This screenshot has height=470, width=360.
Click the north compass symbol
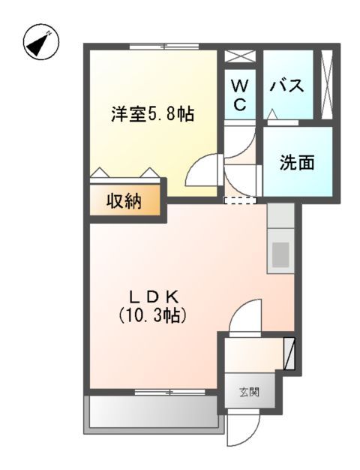point(42,44)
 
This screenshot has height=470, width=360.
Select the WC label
point(239,95)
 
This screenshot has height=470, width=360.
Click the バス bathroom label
point(286,86)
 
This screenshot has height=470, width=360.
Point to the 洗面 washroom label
point(297,162)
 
